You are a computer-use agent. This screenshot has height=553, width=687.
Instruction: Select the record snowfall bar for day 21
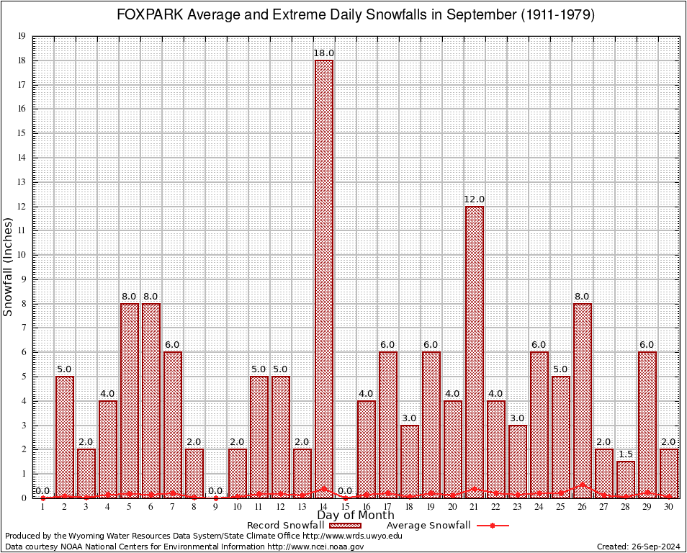[x=475, y=352]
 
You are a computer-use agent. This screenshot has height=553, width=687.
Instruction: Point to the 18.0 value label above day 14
[x=323, y=53]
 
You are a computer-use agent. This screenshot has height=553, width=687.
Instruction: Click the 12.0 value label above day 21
[x=475, y=199]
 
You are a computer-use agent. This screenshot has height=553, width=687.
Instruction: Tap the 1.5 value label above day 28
[x=626, y=455]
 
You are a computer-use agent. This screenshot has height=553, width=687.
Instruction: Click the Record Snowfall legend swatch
[x=339, y=526]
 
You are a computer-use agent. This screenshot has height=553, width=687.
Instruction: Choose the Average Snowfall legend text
[x=428, y=526]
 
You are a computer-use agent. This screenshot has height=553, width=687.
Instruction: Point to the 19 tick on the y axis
[x=22, y=36]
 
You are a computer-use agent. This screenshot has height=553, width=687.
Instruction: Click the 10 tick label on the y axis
[x=22, y=255]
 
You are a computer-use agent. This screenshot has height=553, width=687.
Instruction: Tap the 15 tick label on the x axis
[x=345, y=507]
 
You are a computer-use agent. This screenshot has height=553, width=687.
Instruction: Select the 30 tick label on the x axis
[x=669, y=507]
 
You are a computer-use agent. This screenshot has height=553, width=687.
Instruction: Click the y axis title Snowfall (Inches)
[x=9, y=266]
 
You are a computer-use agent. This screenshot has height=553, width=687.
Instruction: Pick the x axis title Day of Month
[x=356, y=516]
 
